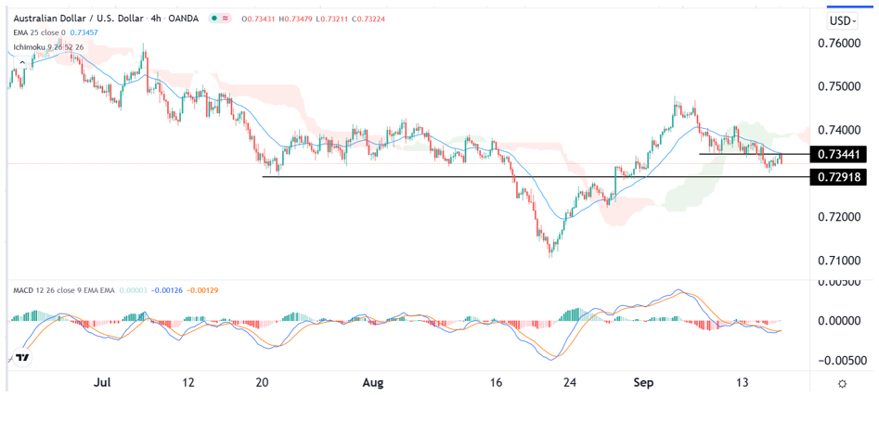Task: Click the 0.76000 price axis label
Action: [842, 44]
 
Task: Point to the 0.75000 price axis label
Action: [842, 87]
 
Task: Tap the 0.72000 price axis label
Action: [842, 217]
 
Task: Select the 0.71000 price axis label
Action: [842, 261]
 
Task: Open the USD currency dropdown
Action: [842, 20]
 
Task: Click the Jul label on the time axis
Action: [103, 382]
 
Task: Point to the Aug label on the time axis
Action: [373, 382]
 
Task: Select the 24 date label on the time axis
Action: [572, 382]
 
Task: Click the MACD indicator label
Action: [25, 291]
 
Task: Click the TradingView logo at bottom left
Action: [22, 356]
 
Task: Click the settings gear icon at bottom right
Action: [841, 383]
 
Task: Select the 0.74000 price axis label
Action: [842, 131]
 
